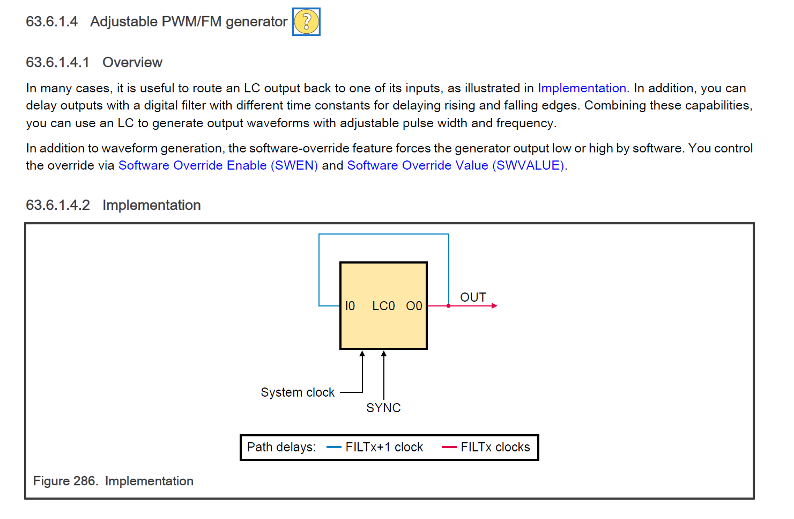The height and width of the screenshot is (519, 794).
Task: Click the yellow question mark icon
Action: tap(306, 22)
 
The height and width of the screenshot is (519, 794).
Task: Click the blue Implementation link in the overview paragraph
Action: tap(582, 88)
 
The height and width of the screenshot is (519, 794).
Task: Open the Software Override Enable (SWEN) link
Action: tap(218, 165)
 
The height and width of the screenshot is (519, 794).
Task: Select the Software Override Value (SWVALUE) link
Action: tap(456, 165)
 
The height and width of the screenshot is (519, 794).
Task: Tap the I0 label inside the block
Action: tap(350, 306)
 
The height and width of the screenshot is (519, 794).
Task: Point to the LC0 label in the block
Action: tap(383, 306)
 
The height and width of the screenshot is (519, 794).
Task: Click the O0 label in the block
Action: tap(414, 306)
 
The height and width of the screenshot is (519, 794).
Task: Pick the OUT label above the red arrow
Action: tap(473, 297)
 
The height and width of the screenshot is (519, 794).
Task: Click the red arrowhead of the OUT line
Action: tap(494, 306)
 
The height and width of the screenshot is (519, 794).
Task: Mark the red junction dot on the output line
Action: tap(449, 306)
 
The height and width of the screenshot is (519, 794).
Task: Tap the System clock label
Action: tap(298, 392)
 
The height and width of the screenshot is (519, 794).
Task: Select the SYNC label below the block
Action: tap(383, 408)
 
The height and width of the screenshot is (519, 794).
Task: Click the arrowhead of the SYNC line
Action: tap(384, 354)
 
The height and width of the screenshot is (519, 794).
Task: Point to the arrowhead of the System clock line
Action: tap(362, 354)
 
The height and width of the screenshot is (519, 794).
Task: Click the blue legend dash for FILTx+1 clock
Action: tap(334, 447)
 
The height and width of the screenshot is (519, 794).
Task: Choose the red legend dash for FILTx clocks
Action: tap(449, 447)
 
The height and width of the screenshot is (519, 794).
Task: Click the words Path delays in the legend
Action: tap(281, 447)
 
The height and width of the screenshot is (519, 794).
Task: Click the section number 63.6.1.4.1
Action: tap(57, 62)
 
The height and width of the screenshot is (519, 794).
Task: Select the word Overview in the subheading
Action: tap(132, 62)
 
